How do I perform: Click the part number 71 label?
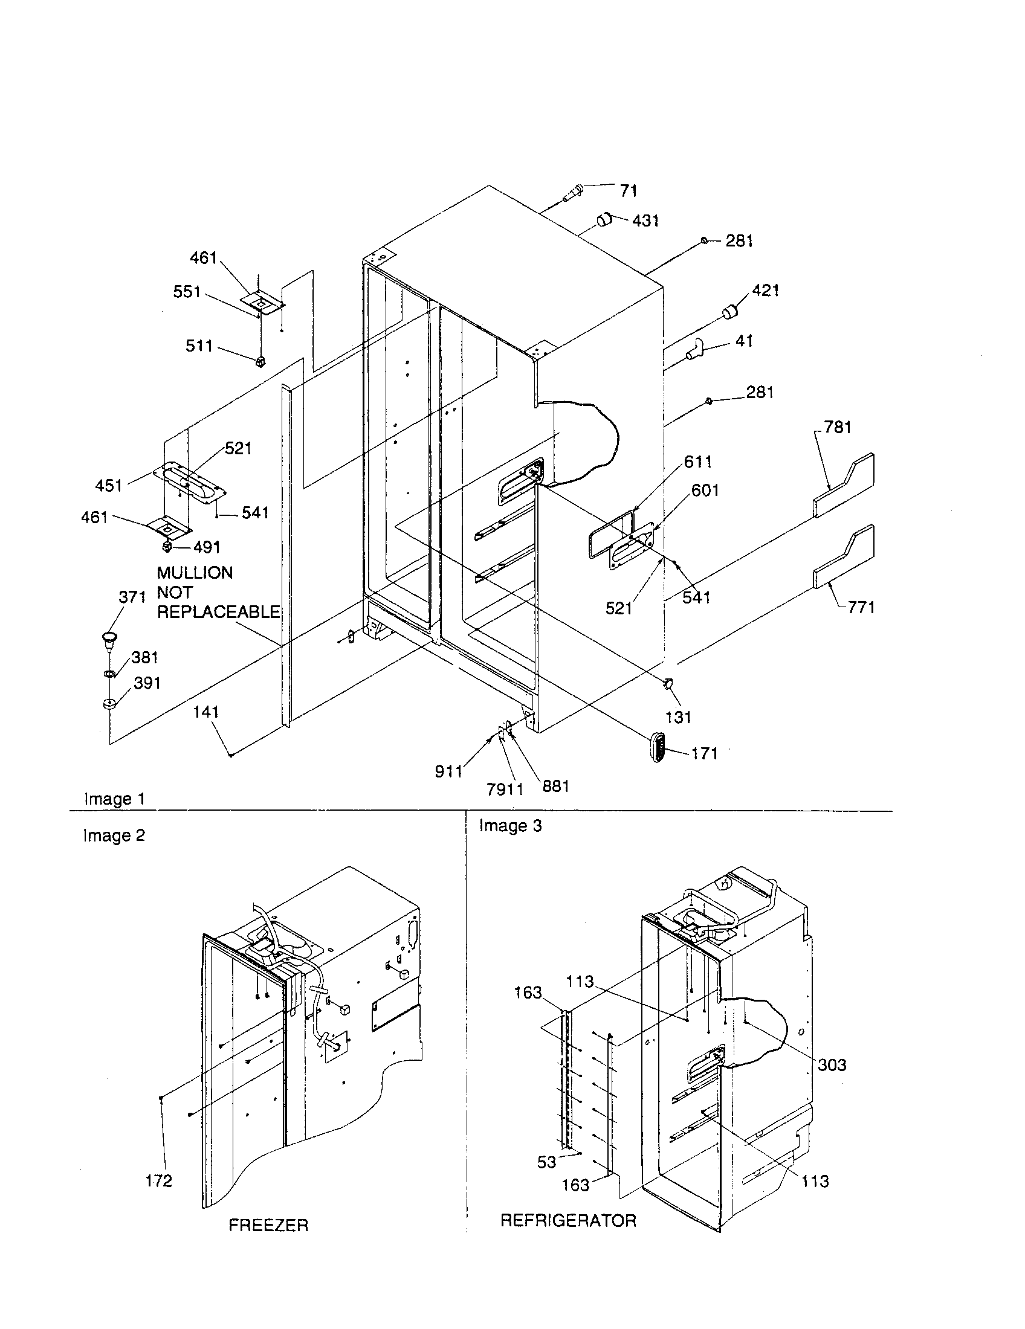628,191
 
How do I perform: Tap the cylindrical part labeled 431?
604,220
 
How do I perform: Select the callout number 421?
765,290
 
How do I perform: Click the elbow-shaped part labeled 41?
694,350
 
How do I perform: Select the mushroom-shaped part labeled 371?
109,639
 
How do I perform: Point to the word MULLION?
195,573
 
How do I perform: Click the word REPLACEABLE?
219,612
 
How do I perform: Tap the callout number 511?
199,346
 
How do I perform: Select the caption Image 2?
114,835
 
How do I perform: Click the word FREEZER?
268,1225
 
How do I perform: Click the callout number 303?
832,1065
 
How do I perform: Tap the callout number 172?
158,1181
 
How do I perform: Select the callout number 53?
546,1162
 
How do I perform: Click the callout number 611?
697,462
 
